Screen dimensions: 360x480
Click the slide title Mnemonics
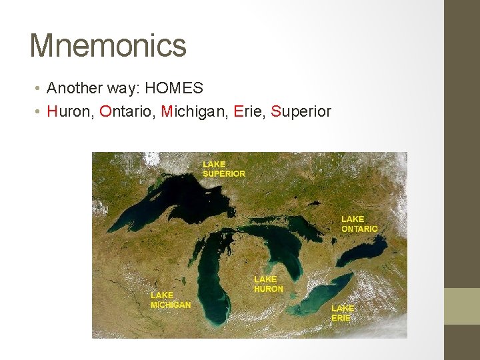click(108, 45)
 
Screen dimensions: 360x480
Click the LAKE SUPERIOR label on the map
click(223, 169)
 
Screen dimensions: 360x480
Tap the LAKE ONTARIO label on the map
click(359, 223)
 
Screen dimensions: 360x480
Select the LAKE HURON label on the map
click(268, 284)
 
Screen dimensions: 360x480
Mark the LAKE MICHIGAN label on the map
click(170, 300)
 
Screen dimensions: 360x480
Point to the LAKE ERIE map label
click(343, 313)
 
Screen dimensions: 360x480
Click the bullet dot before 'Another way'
click(39, 89)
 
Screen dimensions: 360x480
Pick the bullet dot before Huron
click(39, 112)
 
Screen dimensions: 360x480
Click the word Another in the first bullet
click(73, 88)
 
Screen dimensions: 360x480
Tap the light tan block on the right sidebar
click(462, 306)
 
